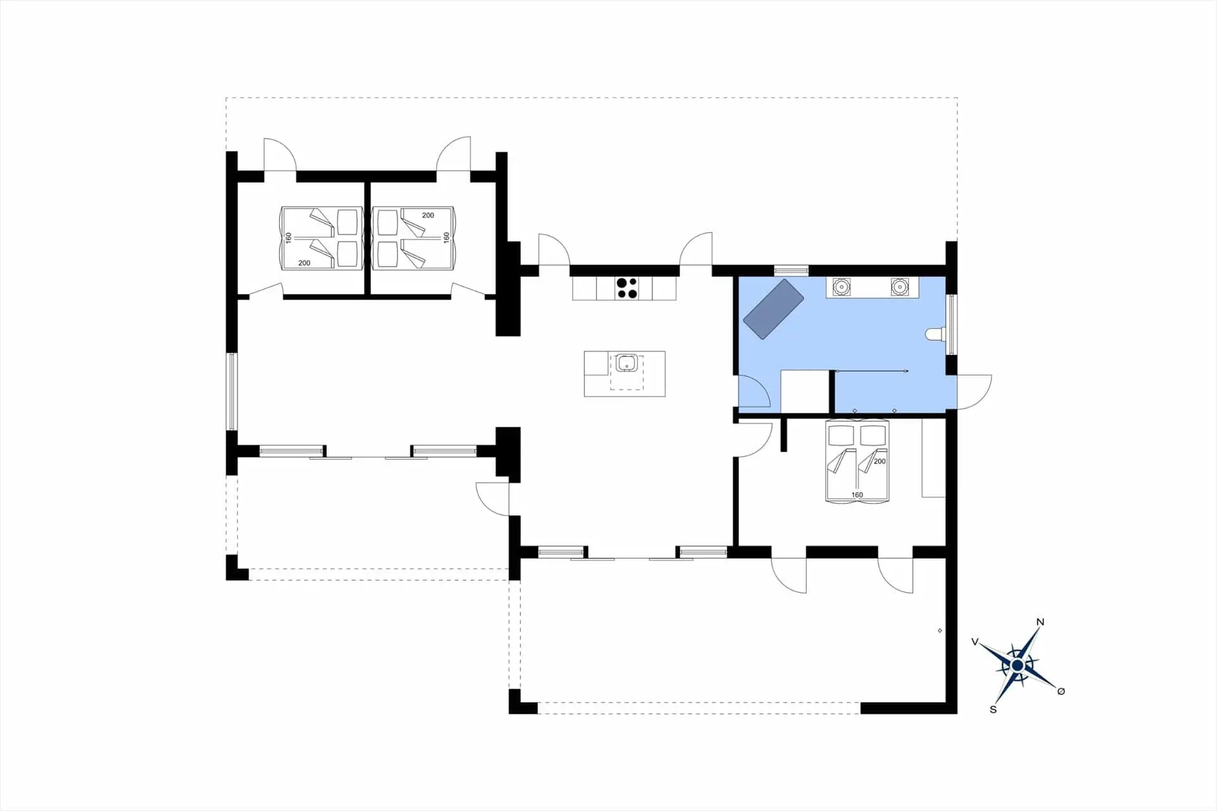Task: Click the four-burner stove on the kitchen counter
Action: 627,288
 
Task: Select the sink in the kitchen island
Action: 627,363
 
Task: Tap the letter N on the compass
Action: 1040,622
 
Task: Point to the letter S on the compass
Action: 993,710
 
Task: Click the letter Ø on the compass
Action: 1061,691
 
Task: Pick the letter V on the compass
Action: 975,642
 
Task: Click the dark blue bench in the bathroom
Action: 773,309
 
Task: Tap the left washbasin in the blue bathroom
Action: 841,287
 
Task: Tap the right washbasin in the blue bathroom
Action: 899,287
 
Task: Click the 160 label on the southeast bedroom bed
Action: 857,495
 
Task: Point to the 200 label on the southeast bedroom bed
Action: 879,462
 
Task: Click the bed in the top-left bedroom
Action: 321,238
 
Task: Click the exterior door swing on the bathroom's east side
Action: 974,392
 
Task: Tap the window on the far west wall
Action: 232,391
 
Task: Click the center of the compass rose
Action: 1017,665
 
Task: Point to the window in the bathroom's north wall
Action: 791,271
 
